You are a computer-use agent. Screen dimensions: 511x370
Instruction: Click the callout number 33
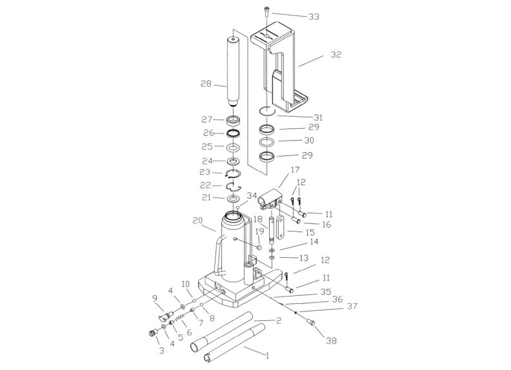tap(314, 17)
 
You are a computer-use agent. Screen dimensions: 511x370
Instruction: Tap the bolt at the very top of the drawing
tap(267, 12)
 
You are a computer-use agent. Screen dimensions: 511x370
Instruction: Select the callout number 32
tap(336, 54)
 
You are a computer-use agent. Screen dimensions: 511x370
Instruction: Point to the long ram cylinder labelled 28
tap(233, 72)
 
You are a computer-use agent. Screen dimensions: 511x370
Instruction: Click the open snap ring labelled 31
tap(268, 111)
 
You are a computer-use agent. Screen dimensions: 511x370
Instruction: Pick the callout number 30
tap(309, 141)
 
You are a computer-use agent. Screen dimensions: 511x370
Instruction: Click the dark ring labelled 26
tap(234, 133)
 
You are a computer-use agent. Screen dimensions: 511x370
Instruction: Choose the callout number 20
tap(198, 221)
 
